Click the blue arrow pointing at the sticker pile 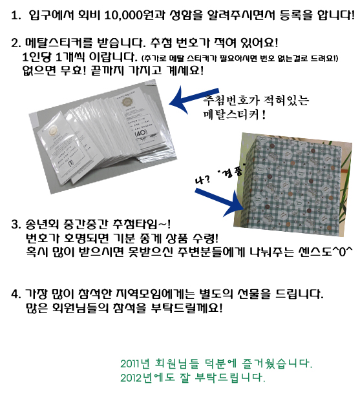[x=194, y=99]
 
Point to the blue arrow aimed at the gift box [x=220, y=202]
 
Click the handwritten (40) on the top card [x=141, y=132]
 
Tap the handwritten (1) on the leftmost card [x=71, y=163]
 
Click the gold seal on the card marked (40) [x=126, y=102]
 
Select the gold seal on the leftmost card [x=53, y=131]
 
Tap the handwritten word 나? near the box [x=203, y=179]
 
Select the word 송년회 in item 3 [x=42, y=224]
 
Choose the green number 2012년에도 [x=148, y=377]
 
